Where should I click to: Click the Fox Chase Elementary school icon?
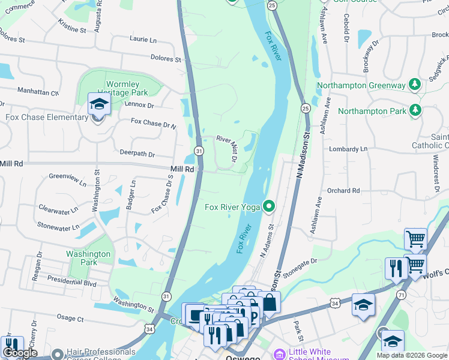98,105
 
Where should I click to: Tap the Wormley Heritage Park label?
127,88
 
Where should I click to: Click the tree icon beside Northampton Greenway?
414,85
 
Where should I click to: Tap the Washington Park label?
88,258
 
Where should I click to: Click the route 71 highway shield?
400,294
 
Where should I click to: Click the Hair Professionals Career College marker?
57,354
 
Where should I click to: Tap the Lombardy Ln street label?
347,149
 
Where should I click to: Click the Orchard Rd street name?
343,191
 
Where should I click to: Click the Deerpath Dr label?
137,154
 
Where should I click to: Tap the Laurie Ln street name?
143,39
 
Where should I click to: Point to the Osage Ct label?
70,318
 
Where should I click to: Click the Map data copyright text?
412,355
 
